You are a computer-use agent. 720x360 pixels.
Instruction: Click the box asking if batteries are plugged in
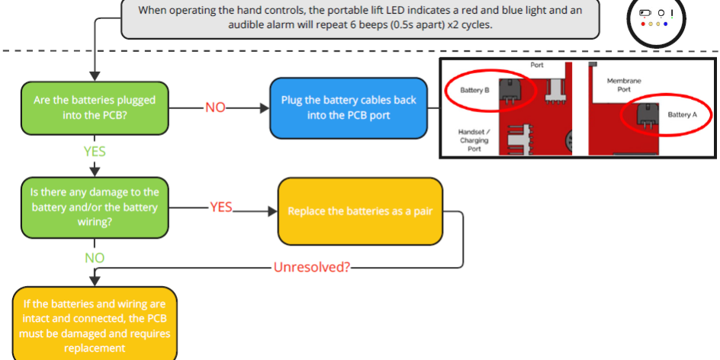[x=94, y=108]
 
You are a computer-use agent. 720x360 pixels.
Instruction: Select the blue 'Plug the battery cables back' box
[x=348, y=108]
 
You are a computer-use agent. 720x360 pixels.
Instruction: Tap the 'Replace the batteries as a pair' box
[x=360, y=211]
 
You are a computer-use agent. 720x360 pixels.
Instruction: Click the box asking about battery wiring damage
[x=94, y=207]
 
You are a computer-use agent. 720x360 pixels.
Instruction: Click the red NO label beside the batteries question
[x=215, y=108]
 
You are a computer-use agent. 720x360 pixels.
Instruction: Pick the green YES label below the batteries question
[x=95, y=152]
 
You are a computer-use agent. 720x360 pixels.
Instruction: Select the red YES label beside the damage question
[x=220, y=207]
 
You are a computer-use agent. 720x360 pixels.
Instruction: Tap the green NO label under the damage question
[x=95, y=258]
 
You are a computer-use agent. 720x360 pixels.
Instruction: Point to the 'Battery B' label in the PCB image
[x=474, y=90]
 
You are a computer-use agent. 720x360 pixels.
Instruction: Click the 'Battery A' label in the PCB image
[x=683, y=114]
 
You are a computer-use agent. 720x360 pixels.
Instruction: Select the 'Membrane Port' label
[x=624, y=85]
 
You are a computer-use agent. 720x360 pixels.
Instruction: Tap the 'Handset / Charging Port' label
[x=474, y=140]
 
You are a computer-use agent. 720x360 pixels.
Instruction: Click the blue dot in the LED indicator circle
[x=665, y=24]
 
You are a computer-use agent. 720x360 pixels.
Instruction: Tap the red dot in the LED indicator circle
[x=644, y=24]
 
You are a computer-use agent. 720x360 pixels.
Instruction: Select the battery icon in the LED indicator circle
[x=645, y=13]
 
